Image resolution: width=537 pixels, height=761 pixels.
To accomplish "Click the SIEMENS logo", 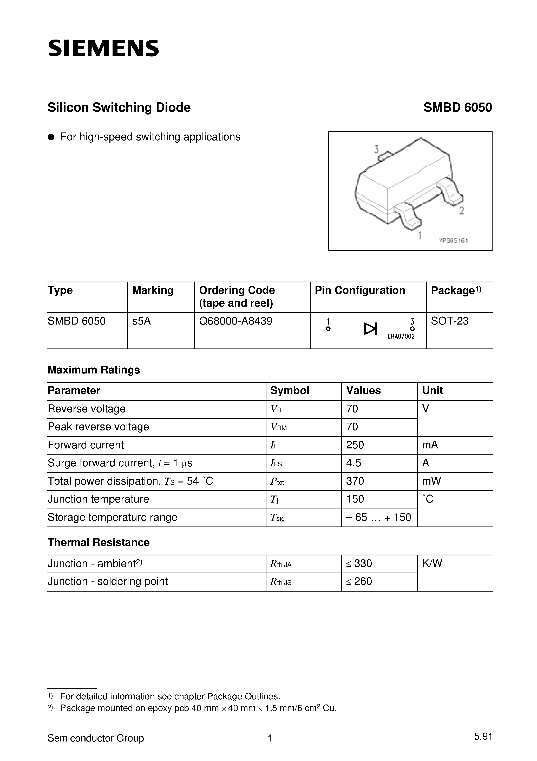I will point(103,48).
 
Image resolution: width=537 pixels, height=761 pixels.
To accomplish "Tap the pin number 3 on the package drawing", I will point(376,149).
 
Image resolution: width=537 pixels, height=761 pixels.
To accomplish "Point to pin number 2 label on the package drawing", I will point(462,211).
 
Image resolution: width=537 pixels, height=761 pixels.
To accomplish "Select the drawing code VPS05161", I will point(453,241).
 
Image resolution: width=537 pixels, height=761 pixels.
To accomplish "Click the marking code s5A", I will point(142,321).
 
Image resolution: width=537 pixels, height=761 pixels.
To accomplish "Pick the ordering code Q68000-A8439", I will point(236,321).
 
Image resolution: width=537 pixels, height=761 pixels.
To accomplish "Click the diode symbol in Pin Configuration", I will point(370,329).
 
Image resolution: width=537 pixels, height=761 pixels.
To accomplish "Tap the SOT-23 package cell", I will point(450,321).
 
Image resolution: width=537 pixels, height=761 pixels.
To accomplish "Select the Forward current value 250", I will point(355,445).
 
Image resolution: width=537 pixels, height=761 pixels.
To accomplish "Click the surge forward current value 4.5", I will point(353,463).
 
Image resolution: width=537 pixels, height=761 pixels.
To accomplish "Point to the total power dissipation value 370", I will point(355,481).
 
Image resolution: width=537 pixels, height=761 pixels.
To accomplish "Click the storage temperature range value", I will point(378,517).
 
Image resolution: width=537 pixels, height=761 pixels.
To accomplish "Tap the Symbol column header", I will point(290,390).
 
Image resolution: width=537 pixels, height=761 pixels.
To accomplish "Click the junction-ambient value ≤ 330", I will point(359,563).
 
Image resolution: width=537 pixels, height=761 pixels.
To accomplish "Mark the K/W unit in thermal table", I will point(432,563).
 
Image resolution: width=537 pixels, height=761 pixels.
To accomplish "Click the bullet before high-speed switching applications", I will point(51,137).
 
